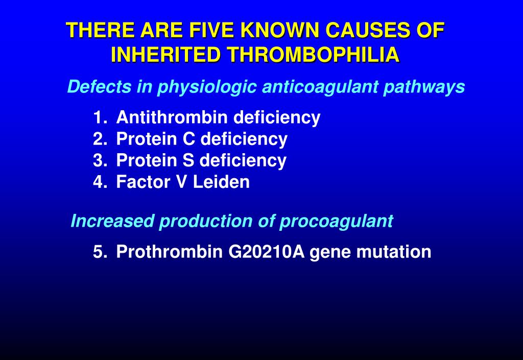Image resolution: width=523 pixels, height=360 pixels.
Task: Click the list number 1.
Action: (x=99, y=117)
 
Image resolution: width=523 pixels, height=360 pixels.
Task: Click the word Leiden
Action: (x=221, y=182)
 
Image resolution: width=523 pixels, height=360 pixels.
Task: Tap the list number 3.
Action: (x=99, y=160)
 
